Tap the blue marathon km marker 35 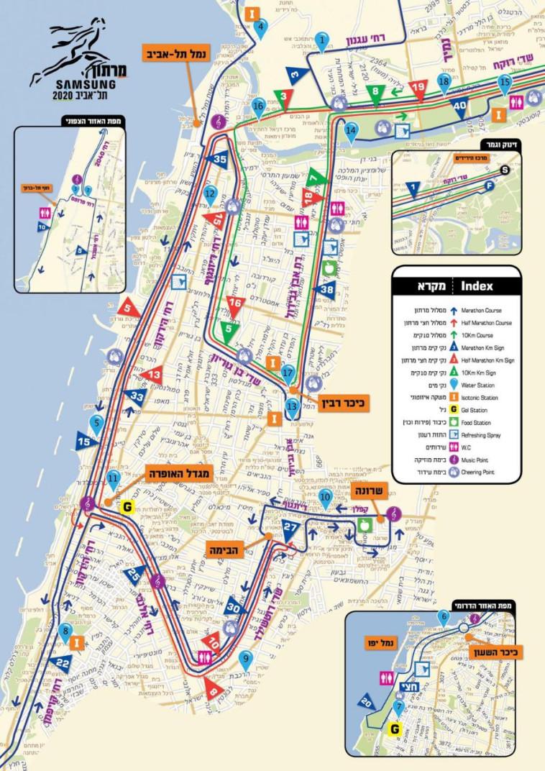click(x=220, y=160)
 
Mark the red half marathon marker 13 click(x=153, y=374)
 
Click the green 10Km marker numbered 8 click(x=375, y=93)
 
